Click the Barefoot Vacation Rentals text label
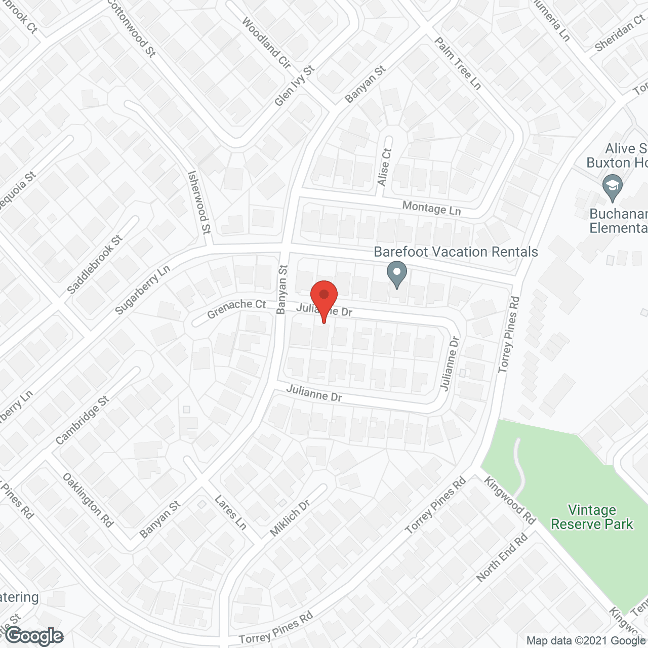456,252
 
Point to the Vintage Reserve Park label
592,517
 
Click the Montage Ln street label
431,208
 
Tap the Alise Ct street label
385,167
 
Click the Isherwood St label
199,202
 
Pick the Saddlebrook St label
95,264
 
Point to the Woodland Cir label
266,43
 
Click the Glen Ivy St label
294,86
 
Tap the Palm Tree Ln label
458,63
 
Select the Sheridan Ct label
620,33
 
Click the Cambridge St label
83,421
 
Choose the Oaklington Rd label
88,500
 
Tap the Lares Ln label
230,512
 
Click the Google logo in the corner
34,636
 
